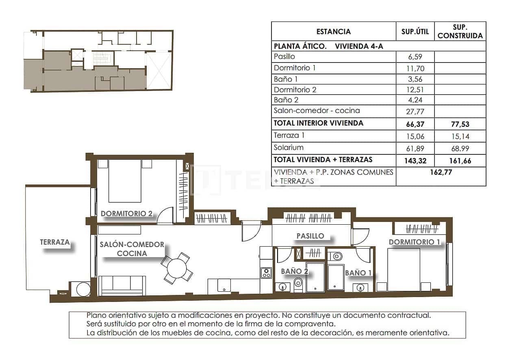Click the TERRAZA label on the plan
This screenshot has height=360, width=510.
tap(55, 242)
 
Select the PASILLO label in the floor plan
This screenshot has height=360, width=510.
tap(310, 236)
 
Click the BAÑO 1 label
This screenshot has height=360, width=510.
tap(358, 273)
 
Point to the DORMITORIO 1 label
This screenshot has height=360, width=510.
tap(414, 242)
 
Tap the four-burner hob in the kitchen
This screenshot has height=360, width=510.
tap(266, 273)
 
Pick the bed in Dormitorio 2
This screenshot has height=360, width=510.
tap(125, 180)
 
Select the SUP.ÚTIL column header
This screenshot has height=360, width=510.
tap(415, 32)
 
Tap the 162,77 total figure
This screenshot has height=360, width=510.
tap(441, 172)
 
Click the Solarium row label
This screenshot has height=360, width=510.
tap(289, 147)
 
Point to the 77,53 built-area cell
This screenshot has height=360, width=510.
tap(460, 124)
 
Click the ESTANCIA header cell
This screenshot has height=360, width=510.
tap(333, 32)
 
